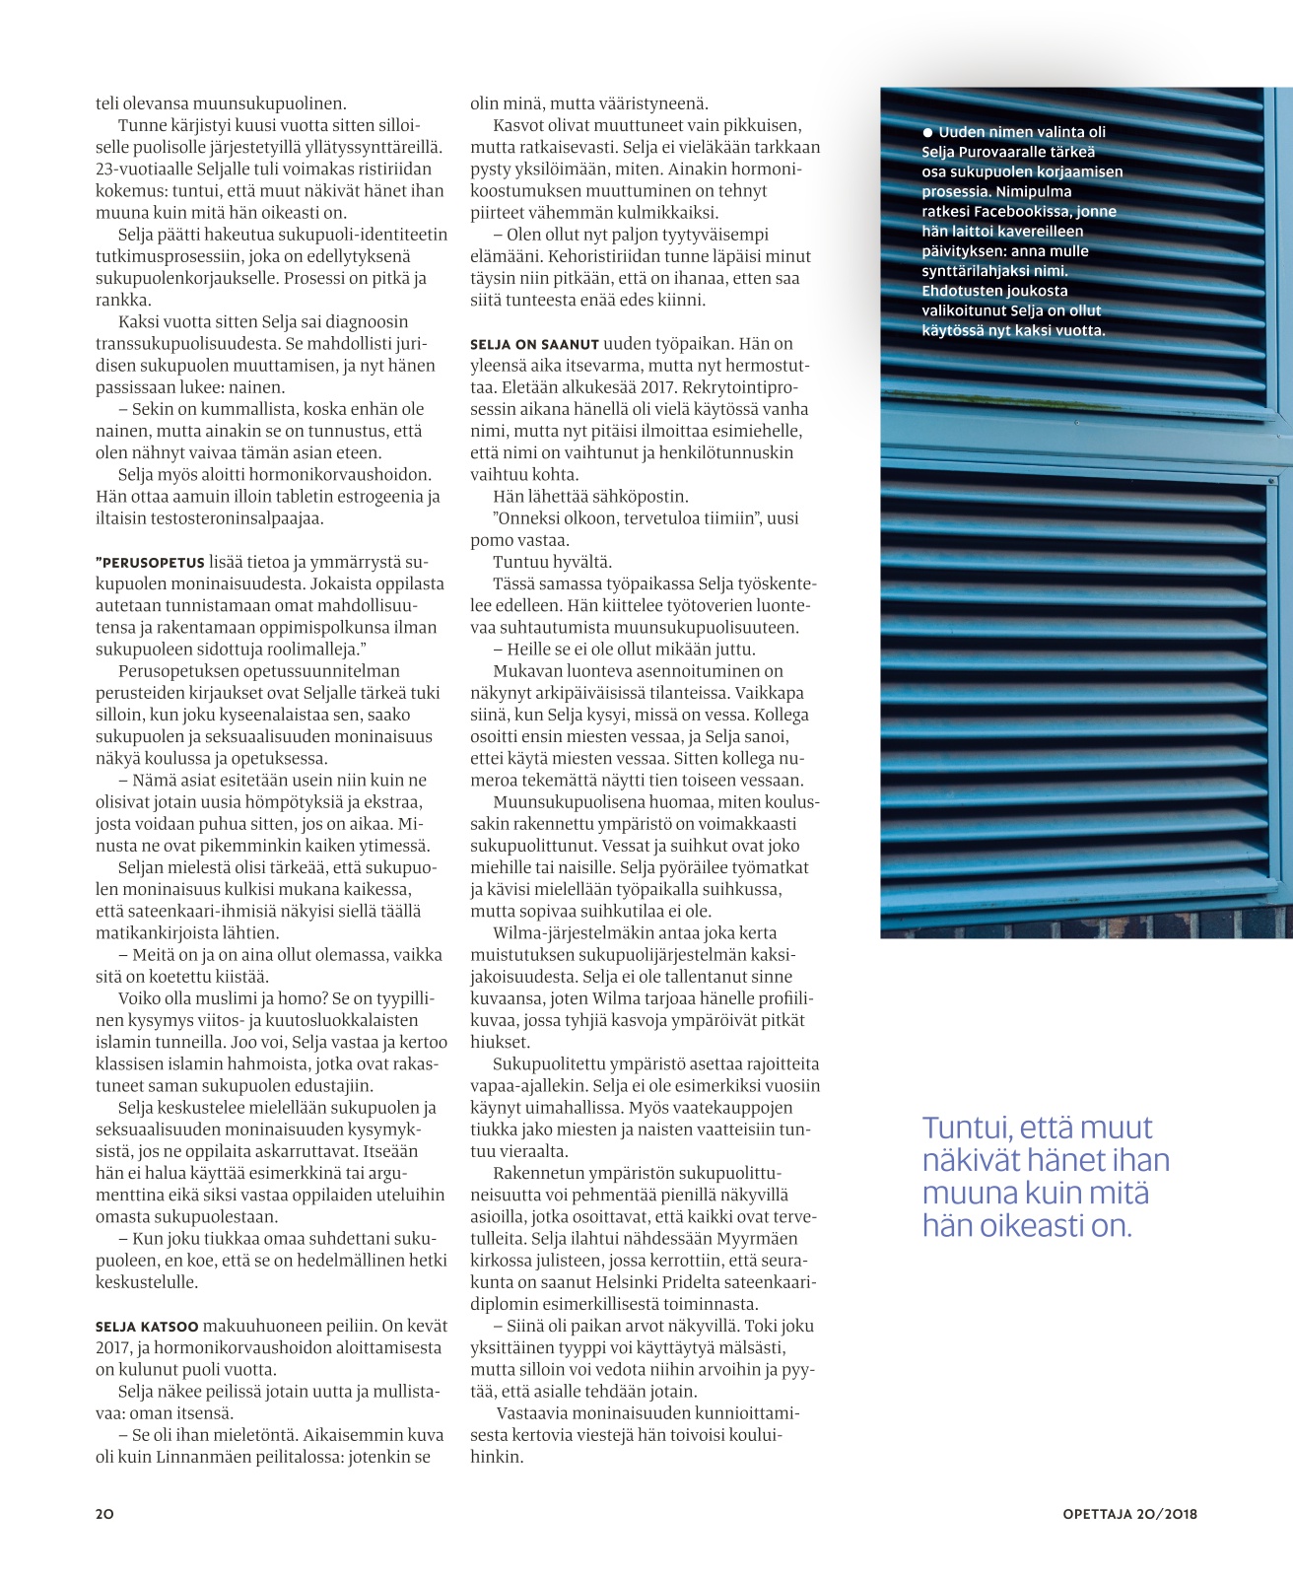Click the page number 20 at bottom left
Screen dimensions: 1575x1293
tap(104, 1514)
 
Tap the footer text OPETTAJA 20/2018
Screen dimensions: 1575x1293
tap(1129, 1514)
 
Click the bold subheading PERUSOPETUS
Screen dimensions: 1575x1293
tap(151, 563)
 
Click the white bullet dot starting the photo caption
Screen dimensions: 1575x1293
tap(927, 132)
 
